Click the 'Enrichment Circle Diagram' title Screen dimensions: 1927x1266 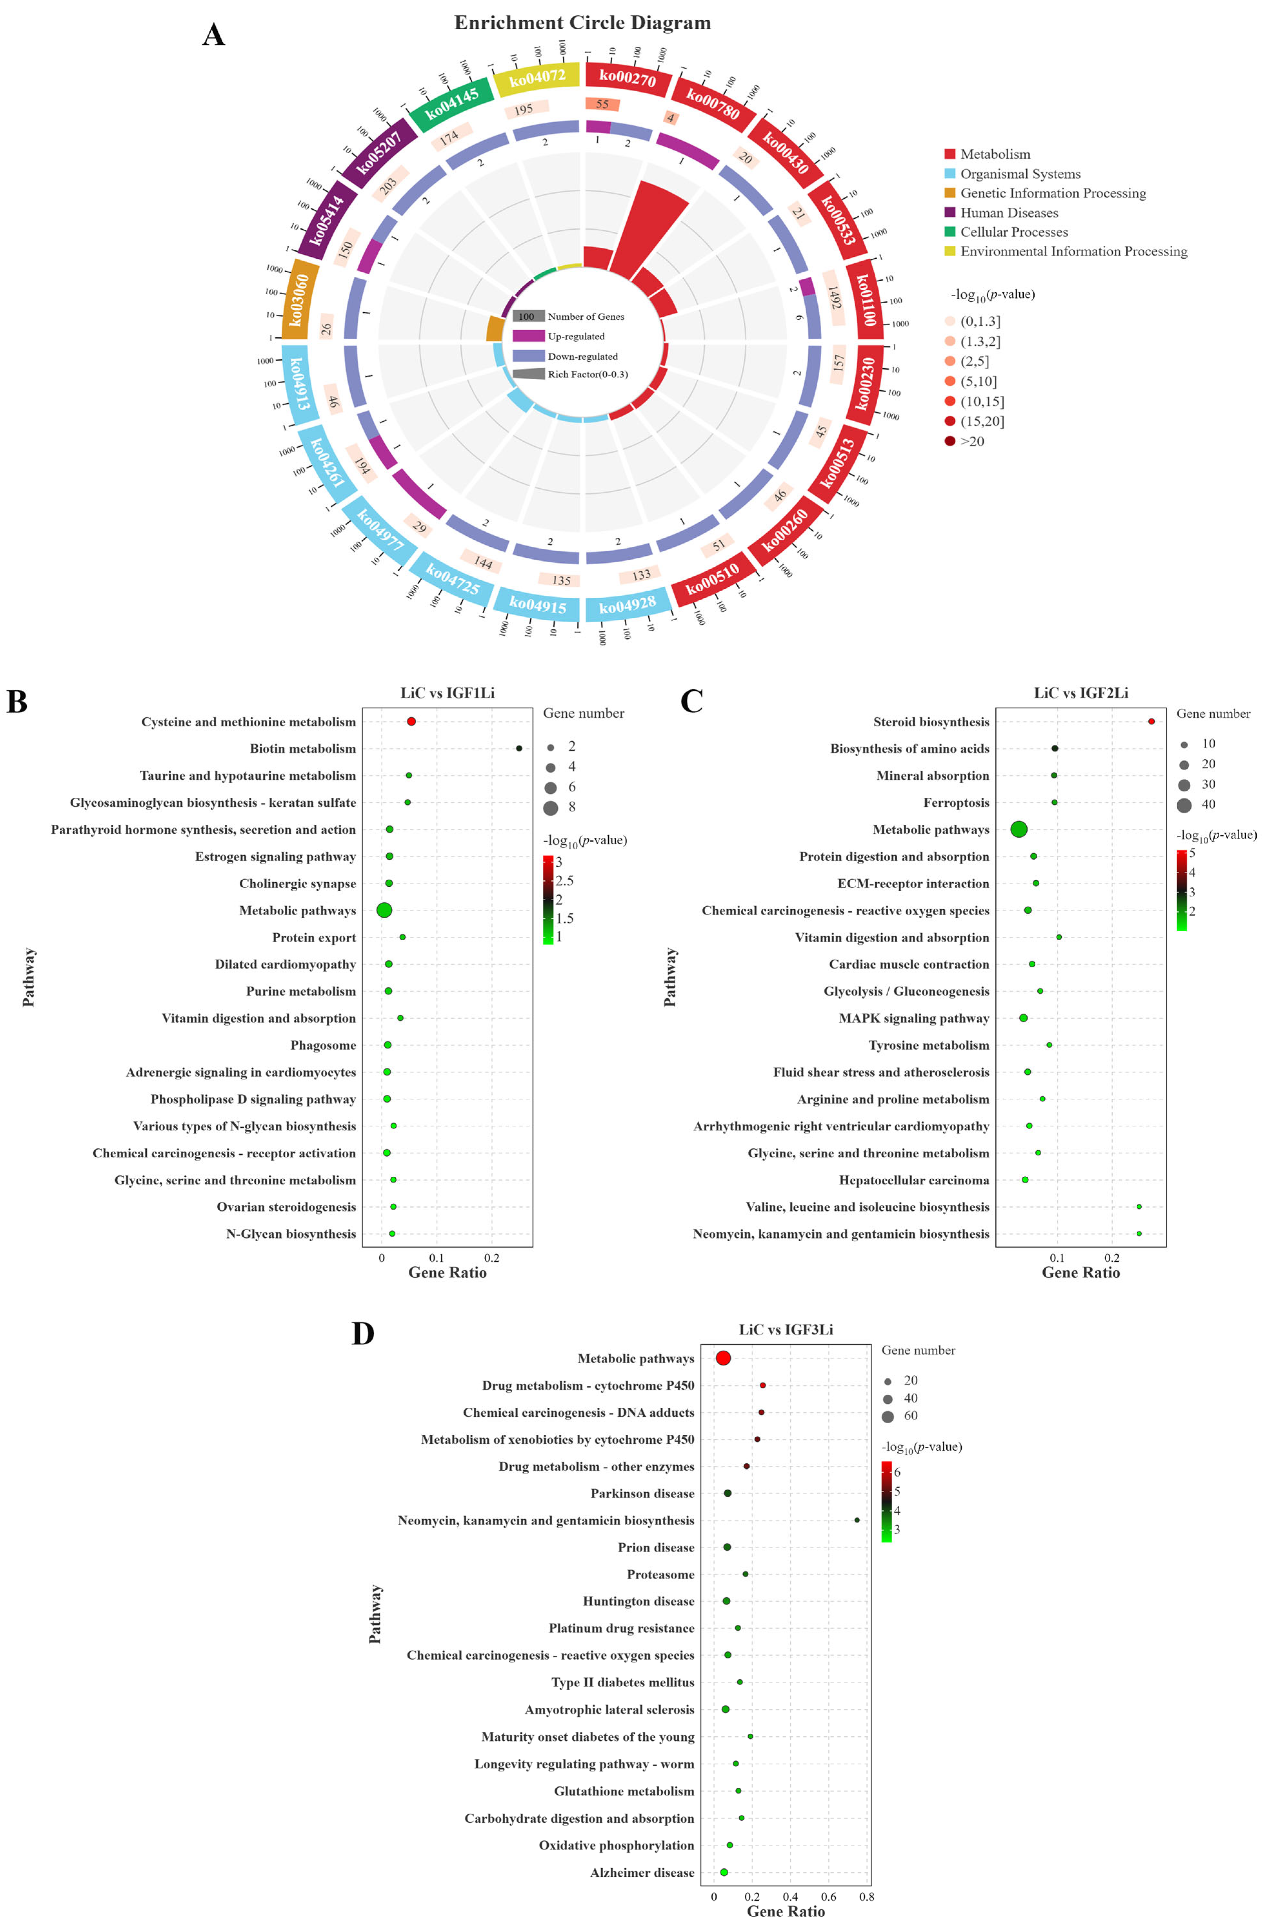582,23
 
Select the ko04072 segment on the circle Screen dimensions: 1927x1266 537,78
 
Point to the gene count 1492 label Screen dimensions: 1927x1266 834,298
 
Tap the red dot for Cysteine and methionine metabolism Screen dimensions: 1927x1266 411,721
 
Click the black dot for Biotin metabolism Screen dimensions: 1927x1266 519,748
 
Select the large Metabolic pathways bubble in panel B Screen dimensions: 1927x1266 384,910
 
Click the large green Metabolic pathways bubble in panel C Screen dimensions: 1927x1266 1019,829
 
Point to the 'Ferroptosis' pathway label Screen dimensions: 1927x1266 956,802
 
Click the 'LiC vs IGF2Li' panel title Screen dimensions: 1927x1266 1081,693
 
